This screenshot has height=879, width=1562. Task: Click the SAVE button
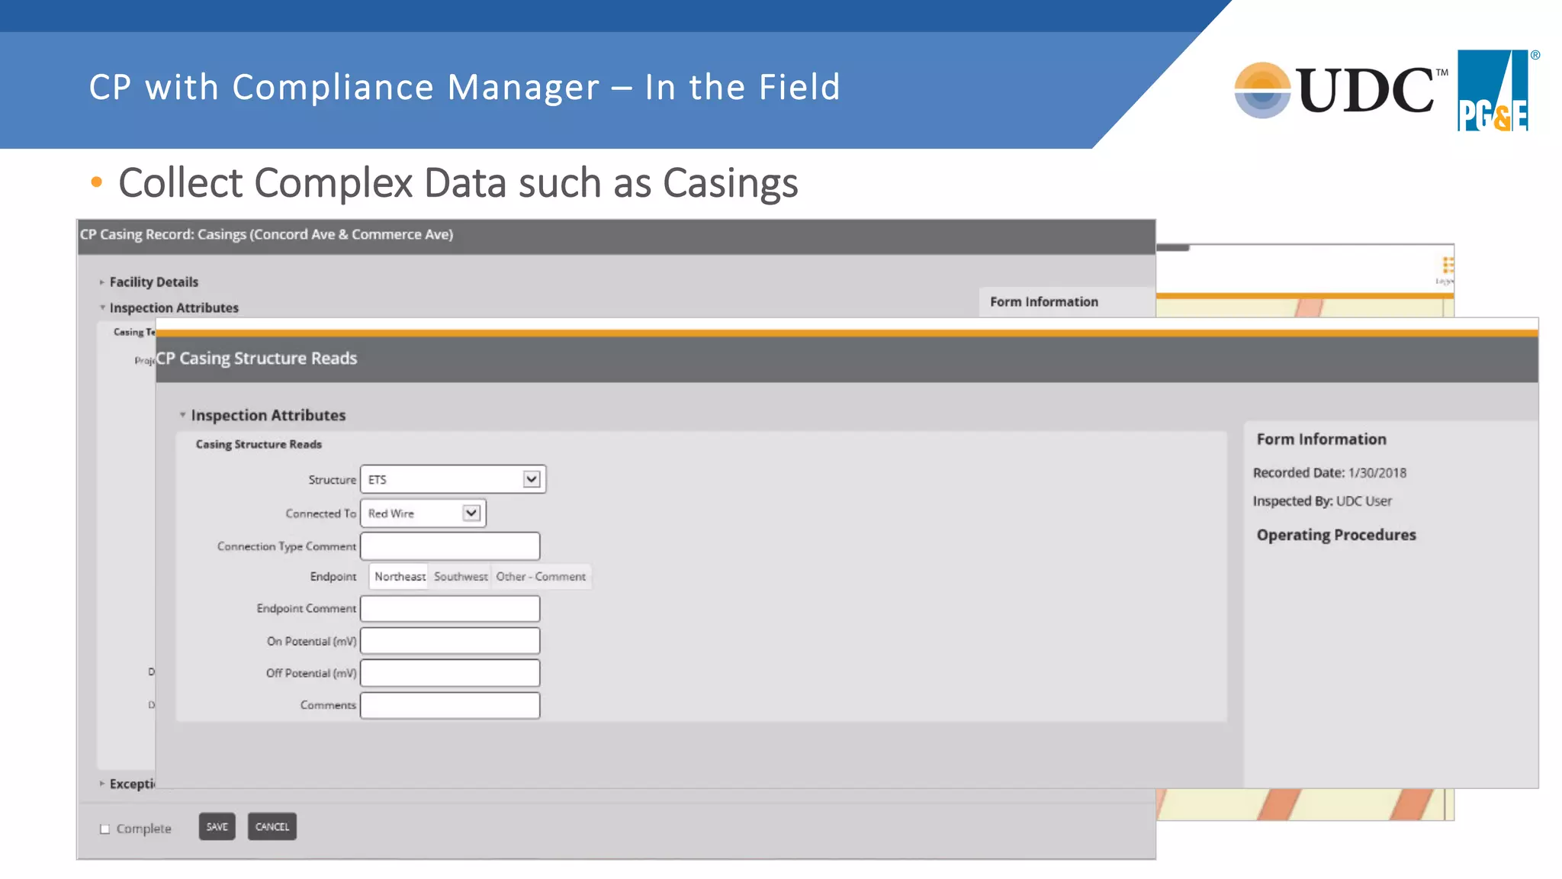[217, 826]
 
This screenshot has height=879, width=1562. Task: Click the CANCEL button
[272, 826]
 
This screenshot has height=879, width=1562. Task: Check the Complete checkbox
[105, 829]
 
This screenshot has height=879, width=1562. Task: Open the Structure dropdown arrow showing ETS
[532, 479]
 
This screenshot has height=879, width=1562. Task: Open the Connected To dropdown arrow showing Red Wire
[471, 513]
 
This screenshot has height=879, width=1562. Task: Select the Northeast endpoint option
[400, 577]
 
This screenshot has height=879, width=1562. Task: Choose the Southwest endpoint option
[461, 577]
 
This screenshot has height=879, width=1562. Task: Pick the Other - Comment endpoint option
[541, 577]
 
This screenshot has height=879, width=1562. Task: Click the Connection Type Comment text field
[450, 546]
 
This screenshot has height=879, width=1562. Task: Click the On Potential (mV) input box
[450, 641]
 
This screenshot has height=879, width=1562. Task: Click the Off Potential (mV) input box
[450, 673]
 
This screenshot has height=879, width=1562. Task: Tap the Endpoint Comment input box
[450, 609]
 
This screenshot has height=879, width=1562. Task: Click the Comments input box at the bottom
[450, 705]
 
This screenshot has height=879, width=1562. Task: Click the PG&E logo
[1493, 91]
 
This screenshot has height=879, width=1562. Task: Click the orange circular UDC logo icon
[1262, 90]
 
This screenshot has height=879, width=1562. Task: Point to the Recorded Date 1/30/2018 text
[1329, 473]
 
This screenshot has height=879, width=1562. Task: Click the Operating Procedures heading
[1335, 535]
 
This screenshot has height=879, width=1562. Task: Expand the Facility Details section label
[153, 282]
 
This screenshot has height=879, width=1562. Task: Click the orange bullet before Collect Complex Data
[96, 182]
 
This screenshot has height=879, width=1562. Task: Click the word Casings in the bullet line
[730, 183]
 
